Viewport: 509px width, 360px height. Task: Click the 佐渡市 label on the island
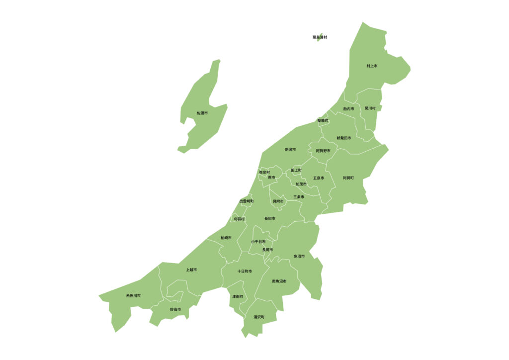click(202, 113)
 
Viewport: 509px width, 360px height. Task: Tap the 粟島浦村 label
click(320, 37)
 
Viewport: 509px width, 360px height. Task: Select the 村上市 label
click(372, 66)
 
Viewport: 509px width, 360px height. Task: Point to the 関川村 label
click(370, 108)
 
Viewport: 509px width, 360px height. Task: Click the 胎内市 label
click(348, 109)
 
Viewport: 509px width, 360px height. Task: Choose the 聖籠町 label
click(323, 121)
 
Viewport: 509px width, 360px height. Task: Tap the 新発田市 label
click(343, 138)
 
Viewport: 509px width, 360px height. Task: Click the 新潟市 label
click(290, 150)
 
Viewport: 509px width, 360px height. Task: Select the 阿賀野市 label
click(323, 151)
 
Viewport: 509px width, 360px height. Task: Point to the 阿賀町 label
click(348, 178)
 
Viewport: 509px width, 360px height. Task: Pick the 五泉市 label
click(319, 178)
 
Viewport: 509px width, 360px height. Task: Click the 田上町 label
click(296, 170)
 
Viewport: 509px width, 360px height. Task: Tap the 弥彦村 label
click(264, 172)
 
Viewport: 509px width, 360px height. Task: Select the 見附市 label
click(278, 201)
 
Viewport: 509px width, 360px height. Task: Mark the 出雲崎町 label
click(247, 201)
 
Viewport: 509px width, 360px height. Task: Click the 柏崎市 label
click(226, 238)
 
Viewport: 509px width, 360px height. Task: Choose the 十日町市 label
click(245, 271)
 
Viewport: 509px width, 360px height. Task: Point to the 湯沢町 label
click(259, 317)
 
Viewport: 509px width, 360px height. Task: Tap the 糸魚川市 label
click(133, 296)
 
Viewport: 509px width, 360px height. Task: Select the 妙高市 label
click(175, 309)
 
